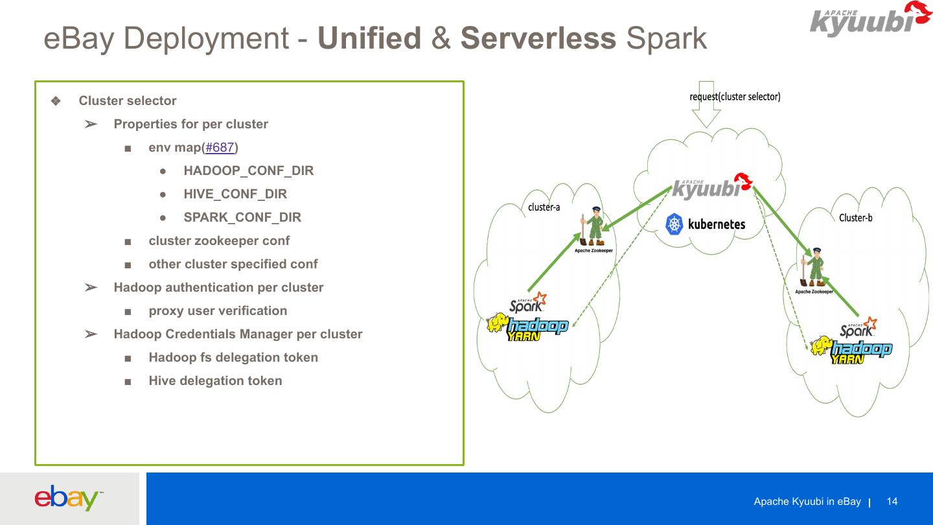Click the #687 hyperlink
(220, 148)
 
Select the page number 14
(892, 502)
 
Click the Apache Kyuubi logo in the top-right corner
(861, 19)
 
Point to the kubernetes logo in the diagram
(706, 224)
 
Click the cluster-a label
(544, 207)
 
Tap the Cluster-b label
(855, 218)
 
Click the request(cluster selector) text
(735, 97)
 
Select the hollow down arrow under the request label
(706, 107)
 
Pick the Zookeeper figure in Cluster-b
(814, 268)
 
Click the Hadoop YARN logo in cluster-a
(527, 327)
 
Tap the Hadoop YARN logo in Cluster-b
(851, 350)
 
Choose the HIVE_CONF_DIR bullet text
(235, 194)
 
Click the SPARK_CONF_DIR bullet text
(242, 218)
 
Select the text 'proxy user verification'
(218, 311)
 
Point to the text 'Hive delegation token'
(215, 381)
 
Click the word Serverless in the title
(538, 39)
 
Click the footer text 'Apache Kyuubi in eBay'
(807, 502)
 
